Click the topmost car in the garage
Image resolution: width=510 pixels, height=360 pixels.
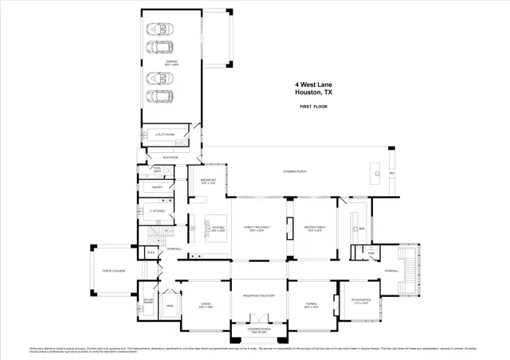click(x=158, y=28)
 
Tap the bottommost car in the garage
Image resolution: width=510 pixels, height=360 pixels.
click(x=158, y=98)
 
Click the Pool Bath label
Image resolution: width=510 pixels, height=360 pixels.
click(x=158, y=170)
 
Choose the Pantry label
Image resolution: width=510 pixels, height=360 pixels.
click(x=158, y=187)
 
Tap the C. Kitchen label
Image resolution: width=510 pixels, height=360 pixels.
click(x=156, y=210)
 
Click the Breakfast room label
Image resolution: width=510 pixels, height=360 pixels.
click(x=209, y=181)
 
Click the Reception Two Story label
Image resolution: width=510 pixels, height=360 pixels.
click(x=258, y=295)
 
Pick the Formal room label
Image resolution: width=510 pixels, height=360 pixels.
click(x=312, y=306)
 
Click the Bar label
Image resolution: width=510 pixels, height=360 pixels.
click(x=361, y=228)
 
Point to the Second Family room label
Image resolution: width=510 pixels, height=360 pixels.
click(x=315, y=229)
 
